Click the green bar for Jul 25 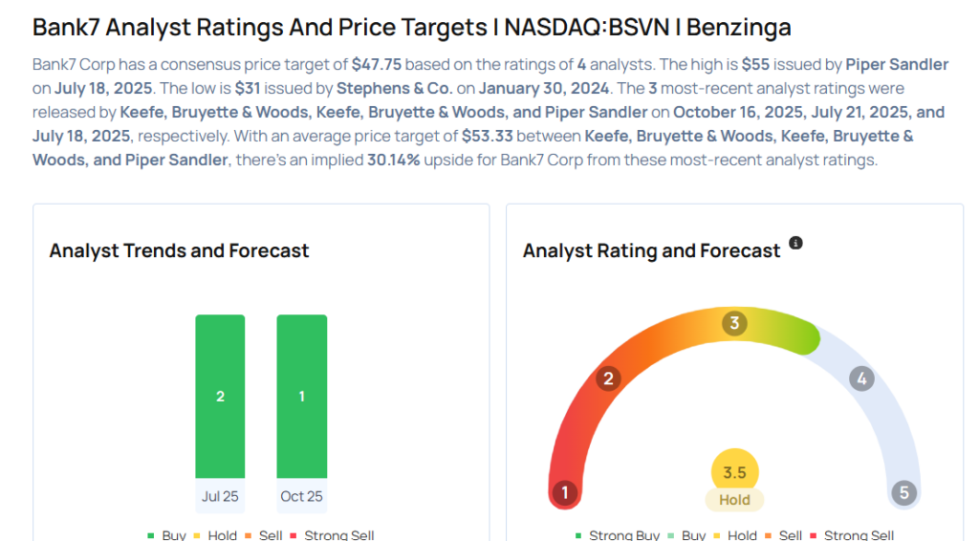[220, 396]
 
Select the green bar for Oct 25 [301, 396]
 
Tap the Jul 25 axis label [220, 496]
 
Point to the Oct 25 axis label [301, 496]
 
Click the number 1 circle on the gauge [565, 493]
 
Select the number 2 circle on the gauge [607, 379]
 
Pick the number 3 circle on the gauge [734, 323]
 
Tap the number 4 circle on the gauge [861, 379]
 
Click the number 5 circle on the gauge [903, 493]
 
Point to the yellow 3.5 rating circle [734, 472]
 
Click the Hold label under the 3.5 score [734, 499]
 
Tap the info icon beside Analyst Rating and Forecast [795, 244]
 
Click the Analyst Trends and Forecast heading [179, 250]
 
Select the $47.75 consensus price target [380, 65]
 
